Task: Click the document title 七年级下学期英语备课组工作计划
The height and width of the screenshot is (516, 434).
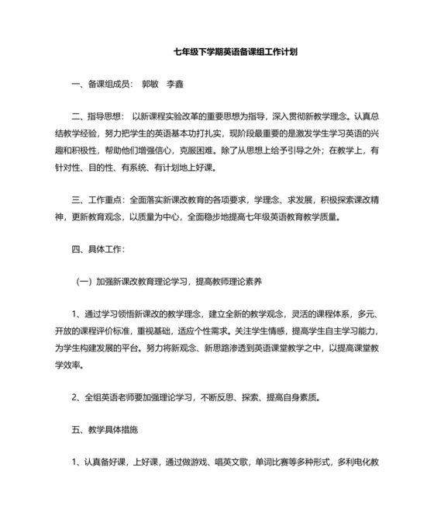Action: pyautogui.click(x=236, y=54)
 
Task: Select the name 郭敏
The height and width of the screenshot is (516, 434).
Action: pyautogui.click(x=152, y=82)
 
